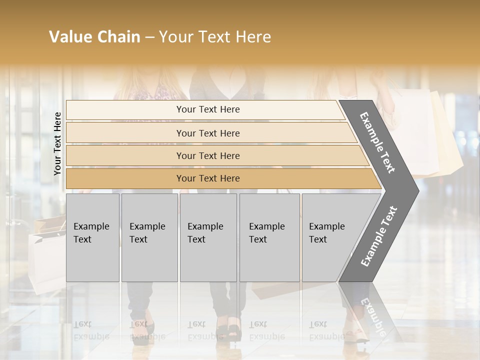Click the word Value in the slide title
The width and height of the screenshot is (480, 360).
click(x=68, y=37)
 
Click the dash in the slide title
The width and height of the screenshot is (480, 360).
click(x=149, y=37)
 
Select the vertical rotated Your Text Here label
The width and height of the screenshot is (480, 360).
click(x=57, y=143)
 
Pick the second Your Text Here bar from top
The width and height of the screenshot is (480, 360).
click(x=207, y=133)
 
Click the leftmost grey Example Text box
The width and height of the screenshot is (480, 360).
click(x=92, y=237)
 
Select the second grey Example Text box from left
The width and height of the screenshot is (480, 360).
click(x=149, y=237)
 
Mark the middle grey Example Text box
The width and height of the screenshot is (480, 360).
click(x=208, y=237)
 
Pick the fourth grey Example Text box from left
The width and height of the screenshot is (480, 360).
click(x=269, y=237)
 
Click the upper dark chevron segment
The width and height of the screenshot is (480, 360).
click(x=380, y=142)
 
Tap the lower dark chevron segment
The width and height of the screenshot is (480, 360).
click(x=380, y=237)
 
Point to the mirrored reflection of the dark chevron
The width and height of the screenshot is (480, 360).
click(x=370, y=312)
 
